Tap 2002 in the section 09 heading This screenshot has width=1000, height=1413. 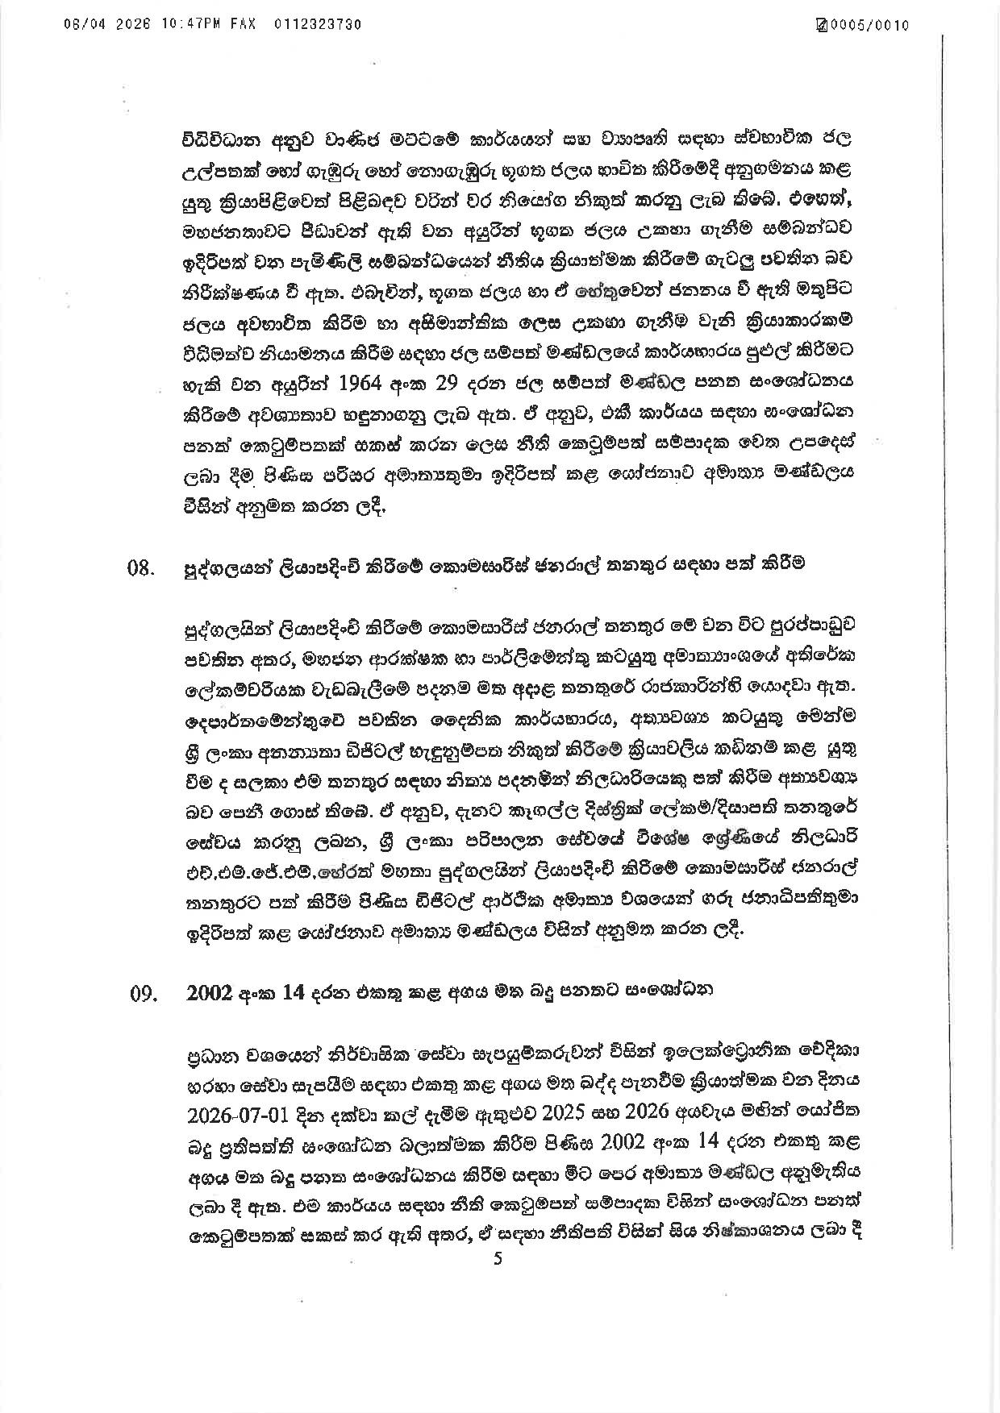[x=210, y=993]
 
